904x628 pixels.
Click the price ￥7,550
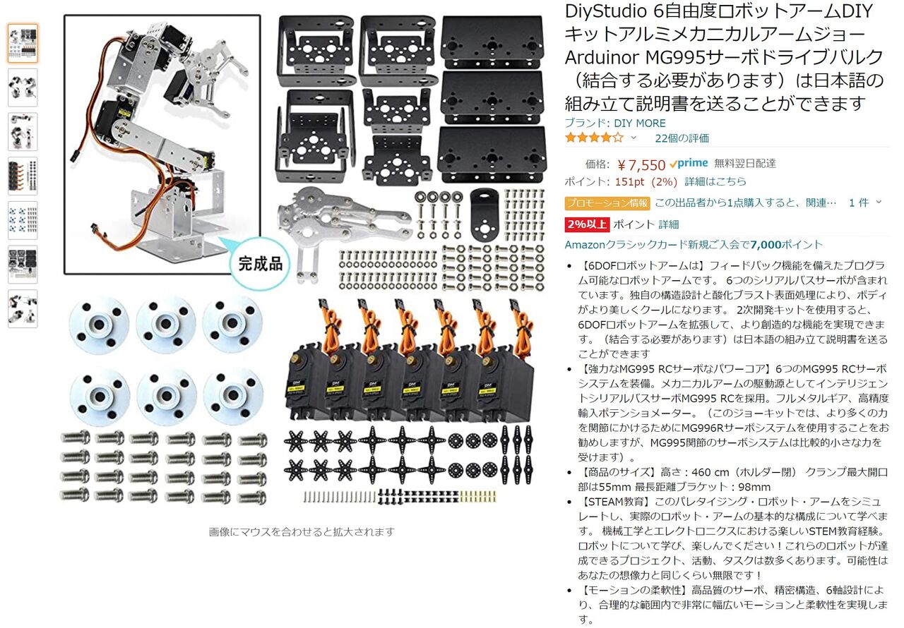641,165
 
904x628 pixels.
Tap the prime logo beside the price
689,164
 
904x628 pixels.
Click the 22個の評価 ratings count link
682,138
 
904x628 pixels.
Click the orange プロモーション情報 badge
607,203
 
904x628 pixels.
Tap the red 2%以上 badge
586,224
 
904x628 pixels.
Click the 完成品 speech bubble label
260,264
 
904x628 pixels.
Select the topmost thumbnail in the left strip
23,44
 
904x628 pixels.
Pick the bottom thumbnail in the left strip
23,309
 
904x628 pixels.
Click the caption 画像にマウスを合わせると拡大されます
302,532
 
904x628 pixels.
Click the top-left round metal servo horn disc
99,325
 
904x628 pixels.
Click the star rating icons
593,138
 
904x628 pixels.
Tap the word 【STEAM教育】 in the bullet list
615,502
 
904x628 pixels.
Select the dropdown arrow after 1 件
879,203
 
